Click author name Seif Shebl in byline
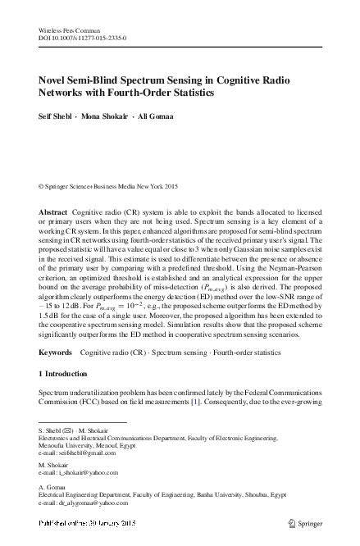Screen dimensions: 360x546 pyautogui.click(x=59, y=116)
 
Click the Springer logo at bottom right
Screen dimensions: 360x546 pyautogui.click(x=310, y=522)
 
